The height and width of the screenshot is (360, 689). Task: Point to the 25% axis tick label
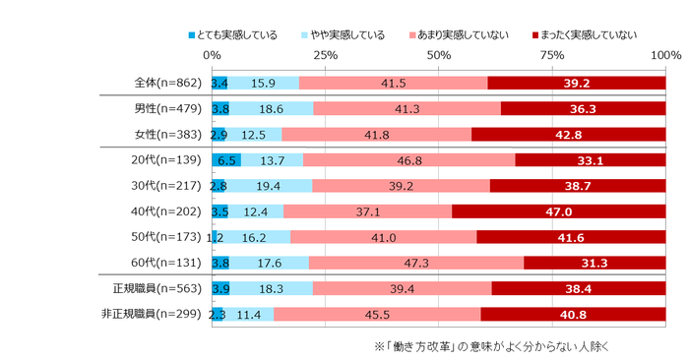325,56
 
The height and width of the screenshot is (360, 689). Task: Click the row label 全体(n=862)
167,83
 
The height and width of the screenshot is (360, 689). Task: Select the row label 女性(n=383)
167,135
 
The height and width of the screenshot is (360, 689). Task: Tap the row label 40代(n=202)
167,211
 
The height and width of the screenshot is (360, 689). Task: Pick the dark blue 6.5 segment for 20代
226,160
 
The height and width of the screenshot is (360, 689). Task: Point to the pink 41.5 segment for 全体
393,83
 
